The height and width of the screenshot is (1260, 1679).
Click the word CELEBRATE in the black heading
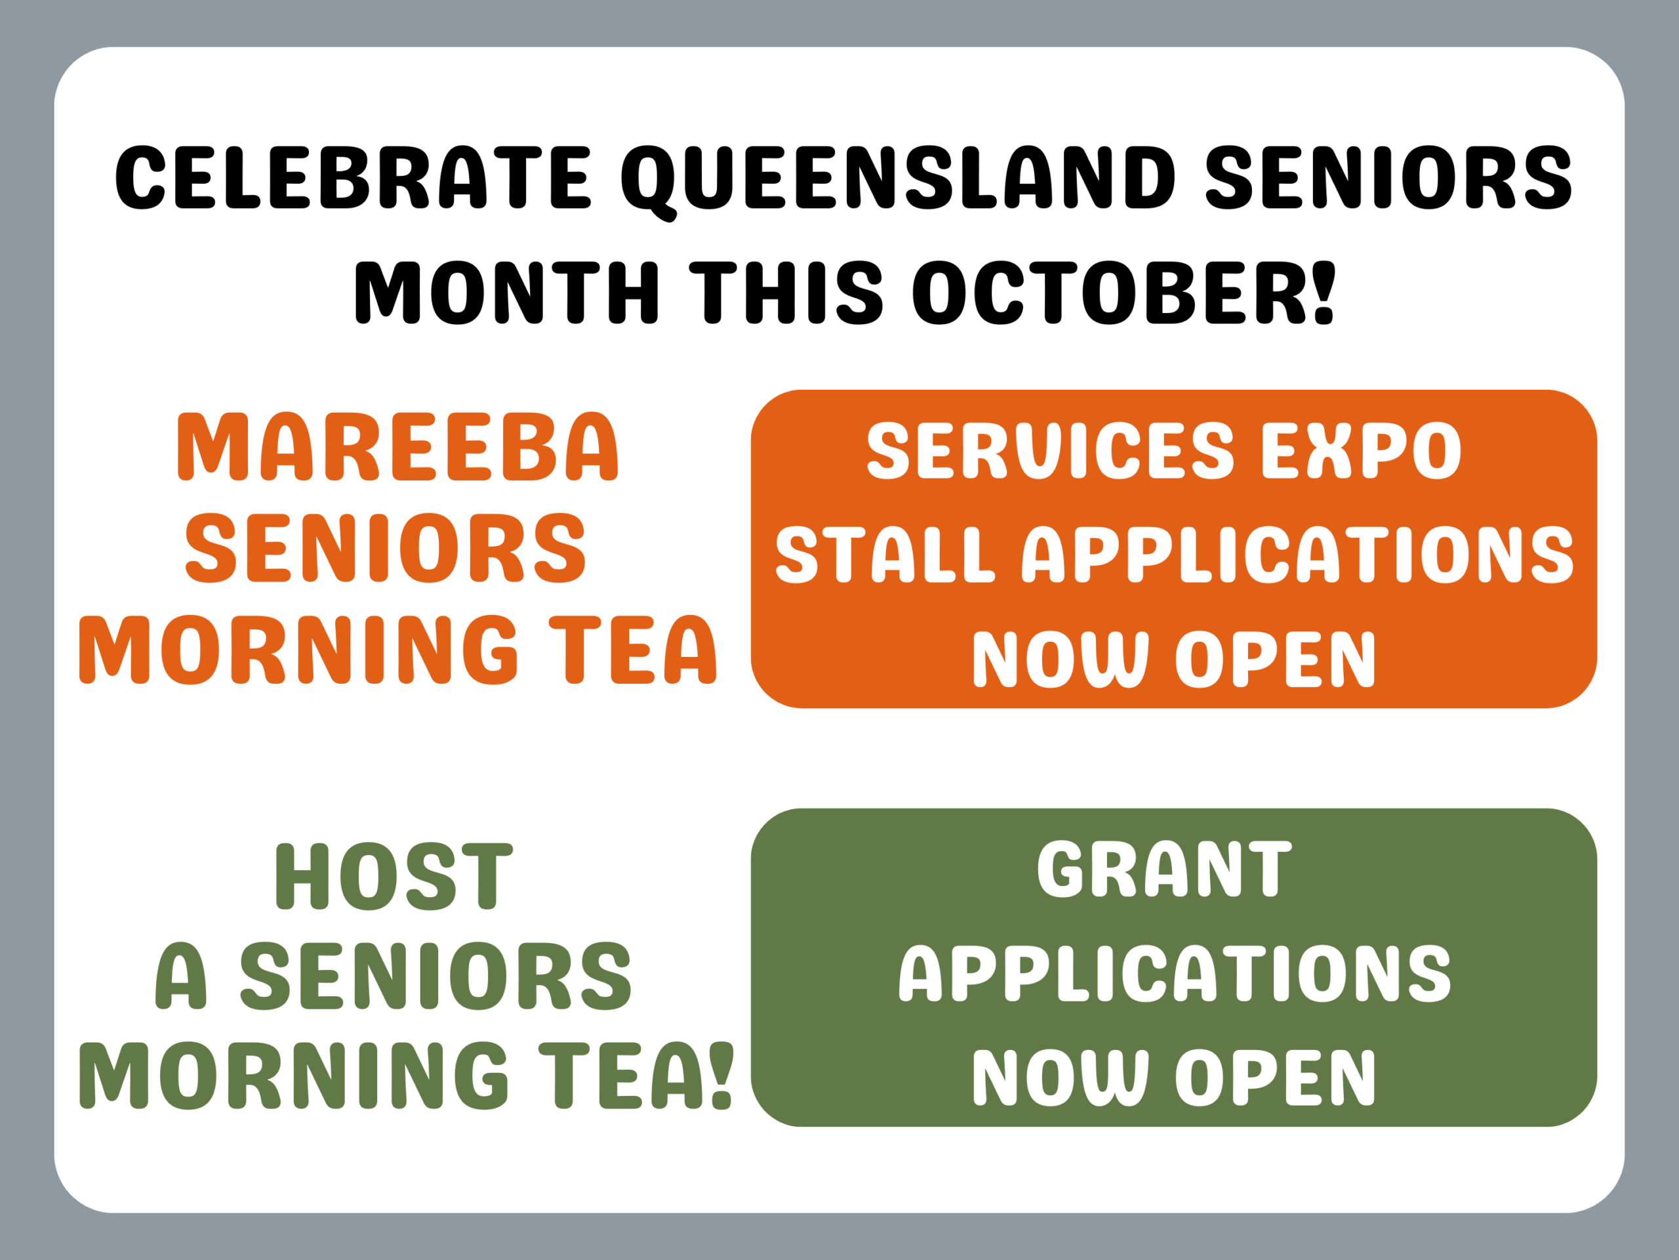353,177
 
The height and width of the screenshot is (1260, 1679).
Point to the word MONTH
507,293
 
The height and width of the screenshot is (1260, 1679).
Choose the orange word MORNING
298,650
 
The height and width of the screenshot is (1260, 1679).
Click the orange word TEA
632,650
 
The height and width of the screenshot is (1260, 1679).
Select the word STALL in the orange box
884,555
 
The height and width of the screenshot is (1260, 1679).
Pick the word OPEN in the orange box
1276,658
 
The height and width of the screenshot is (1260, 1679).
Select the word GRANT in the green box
1164,869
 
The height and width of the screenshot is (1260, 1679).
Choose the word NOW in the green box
1061,1077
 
